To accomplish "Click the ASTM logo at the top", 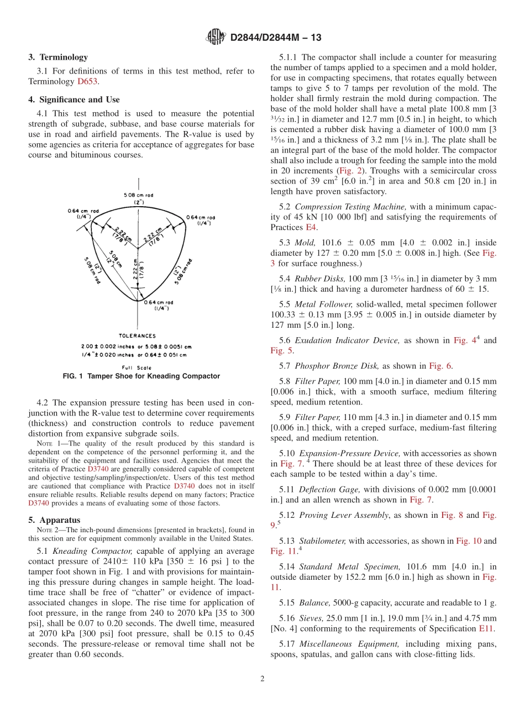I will pos(215,37).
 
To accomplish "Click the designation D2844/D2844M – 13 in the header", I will pos(276,38).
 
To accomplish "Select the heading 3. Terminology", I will pos(58,57).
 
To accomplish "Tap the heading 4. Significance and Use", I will pos(73,99).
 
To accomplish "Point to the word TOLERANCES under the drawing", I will pos(138,335).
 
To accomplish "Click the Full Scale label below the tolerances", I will pos(136,367).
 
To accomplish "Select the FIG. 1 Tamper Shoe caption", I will pos(141,376).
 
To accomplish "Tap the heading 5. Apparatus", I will pos(54,520).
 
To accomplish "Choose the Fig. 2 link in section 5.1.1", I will pos(349,171).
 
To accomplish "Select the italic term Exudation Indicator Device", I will pos(347,340).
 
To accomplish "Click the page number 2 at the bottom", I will pos(262,679).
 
